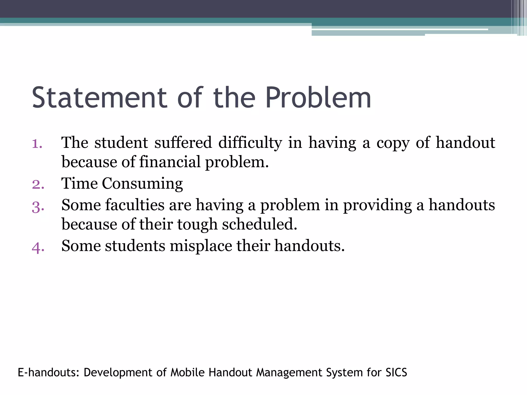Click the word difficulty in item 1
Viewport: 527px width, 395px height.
[x=250, y=143]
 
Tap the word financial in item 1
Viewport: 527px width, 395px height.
[x=170, y=162]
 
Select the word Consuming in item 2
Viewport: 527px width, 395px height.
[x=142, y=184]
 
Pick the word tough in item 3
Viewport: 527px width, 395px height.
[x=197, y=225]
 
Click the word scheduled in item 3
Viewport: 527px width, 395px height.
[x=259, y=224]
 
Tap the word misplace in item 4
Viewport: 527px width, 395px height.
[x=201, y=246]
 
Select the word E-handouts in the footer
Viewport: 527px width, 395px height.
[x=49, y=372]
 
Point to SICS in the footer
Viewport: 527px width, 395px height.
[x=396, y=372]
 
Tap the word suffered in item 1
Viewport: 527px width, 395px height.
[x=183, y=143]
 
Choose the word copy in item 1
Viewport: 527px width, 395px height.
[x=393, y=143]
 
